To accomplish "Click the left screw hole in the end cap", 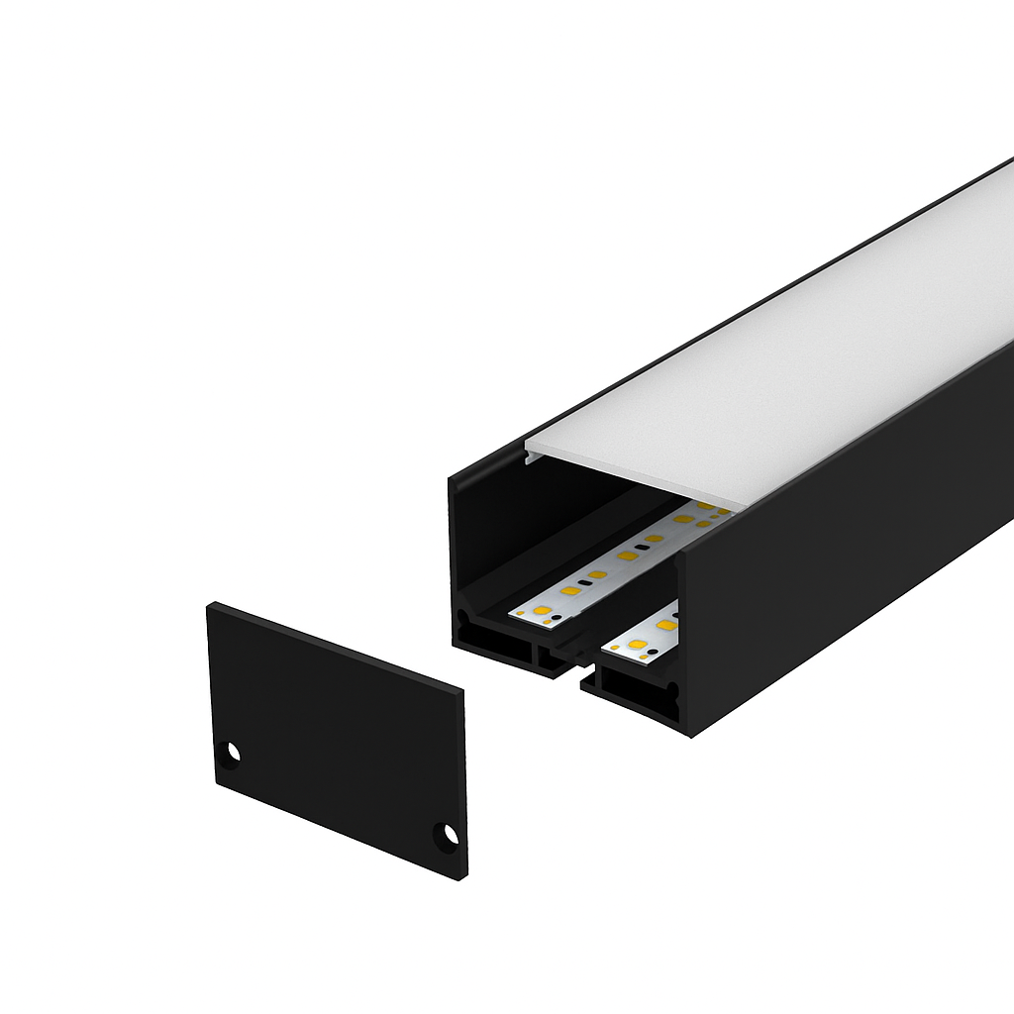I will coord(232,753).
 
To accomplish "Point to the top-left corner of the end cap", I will coord(209,605).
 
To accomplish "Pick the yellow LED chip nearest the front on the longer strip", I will coord(542,610).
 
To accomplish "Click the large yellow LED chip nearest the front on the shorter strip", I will coord(637,646).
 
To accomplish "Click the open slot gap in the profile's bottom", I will coord(572,673).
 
